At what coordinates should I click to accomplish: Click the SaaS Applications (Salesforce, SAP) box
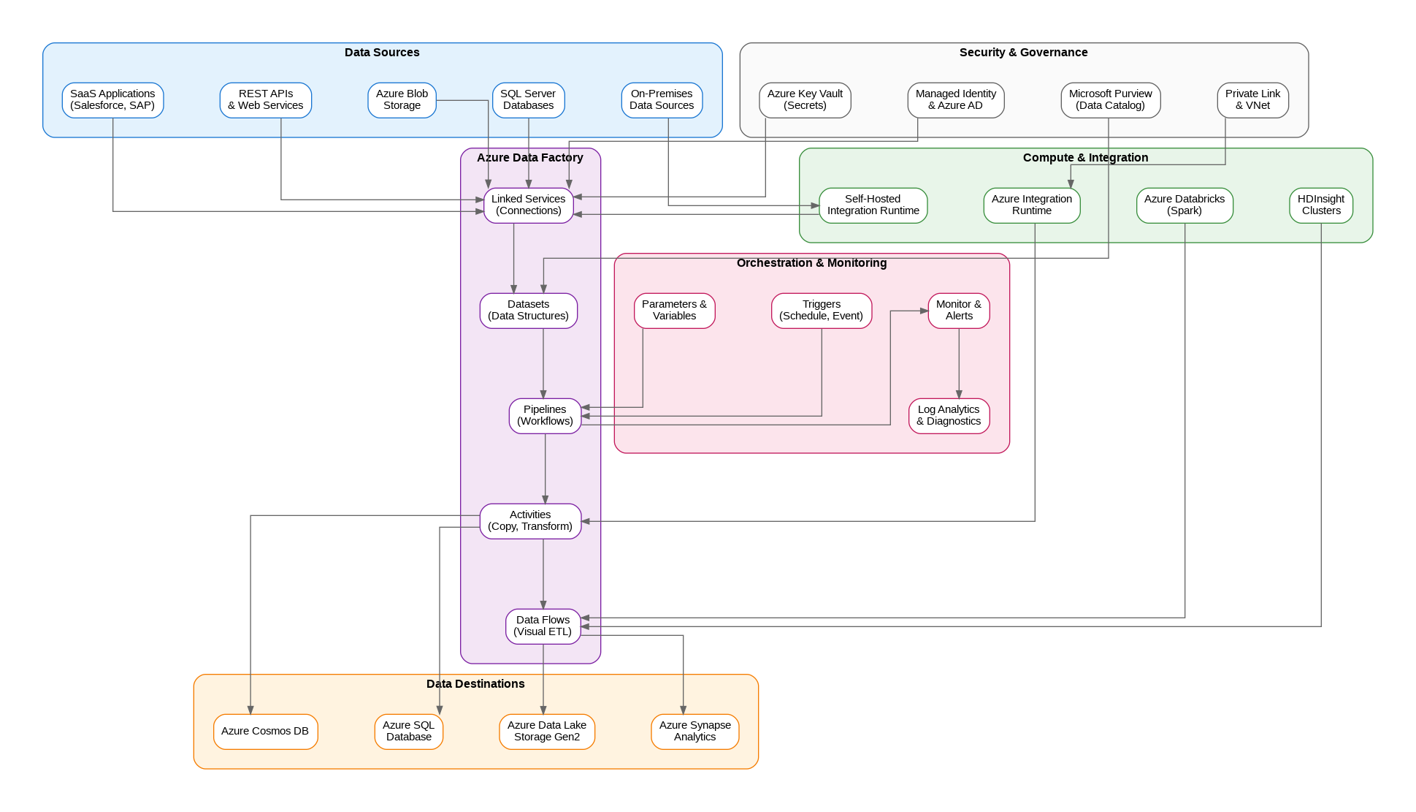point(112,100)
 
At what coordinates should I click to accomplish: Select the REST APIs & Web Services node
point(265,100)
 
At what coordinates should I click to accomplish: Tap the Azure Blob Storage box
point(402,100)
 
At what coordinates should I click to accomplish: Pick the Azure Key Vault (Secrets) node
point(805,100)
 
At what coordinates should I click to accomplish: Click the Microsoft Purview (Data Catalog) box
point(1110,100)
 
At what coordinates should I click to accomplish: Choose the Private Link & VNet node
point(1252,100)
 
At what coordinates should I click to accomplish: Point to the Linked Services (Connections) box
point(528,205)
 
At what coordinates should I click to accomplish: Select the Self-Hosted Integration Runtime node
point(873,205)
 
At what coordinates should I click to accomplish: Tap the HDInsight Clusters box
point(1320,205)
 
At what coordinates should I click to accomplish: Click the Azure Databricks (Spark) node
point(1184,205)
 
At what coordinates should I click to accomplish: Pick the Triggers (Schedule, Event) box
point(821,311)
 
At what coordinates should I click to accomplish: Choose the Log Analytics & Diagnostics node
point(949,416)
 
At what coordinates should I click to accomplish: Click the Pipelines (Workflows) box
point(545,416)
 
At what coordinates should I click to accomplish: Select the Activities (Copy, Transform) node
point(530,521)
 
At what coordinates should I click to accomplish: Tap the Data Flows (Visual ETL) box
point(543,626)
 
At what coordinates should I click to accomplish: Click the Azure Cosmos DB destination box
point(265,732)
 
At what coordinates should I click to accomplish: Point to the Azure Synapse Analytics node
point(694,732)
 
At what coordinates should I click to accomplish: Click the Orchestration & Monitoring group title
point(811,263)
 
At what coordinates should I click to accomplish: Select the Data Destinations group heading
point(475,684)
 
